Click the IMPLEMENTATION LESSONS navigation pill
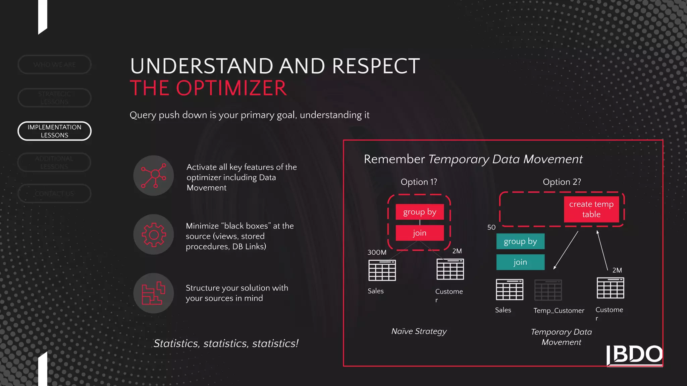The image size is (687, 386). click(54, 131)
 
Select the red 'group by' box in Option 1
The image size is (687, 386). click(420, 212)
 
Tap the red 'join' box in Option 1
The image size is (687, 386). click(420, 233)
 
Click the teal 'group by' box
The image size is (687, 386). click(520, 241)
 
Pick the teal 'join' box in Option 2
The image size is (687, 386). click(520, 262)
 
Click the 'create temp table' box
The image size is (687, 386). click(591, 209)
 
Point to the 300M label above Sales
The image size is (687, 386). click(377, 252)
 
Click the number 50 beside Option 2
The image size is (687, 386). click(491, 227)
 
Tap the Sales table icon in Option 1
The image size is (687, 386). click(382, 270)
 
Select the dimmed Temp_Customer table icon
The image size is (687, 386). click(548, 290)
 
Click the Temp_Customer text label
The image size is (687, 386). click(559, 311)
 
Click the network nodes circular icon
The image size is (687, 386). click(154, 176)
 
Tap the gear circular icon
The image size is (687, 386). click(154, 235)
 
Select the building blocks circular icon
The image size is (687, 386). click(154, 293)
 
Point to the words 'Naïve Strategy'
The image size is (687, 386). click(419, 331)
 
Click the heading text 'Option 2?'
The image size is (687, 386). click(562, 182)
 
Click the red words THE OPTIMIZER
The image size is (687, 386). click(208, 88)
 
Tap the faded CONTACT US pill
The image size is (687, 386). click(54, 194)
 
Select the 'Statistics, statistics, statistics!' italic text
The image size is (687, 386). click(226, 343)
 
